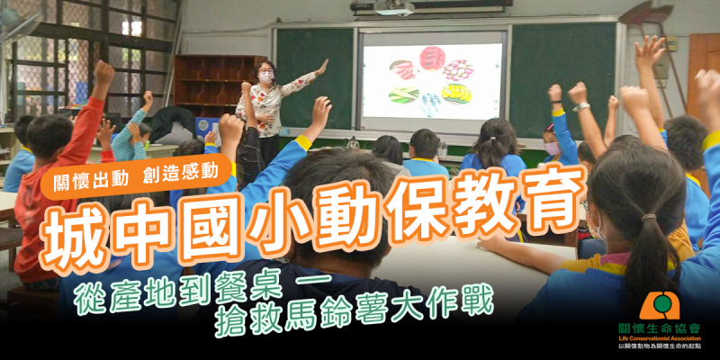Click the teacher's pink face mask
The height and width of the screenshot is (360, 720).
265,76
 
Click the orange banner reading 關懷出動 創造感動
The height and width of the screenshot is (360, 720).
136,176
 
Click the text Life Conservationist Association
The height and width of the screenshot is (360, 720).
660,339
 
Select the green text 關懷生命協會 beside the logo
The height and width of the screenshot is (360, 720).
660,328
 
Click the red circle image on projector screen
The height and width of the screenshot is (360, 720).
432,58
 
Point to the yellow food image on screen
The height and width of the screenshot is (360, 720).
457,94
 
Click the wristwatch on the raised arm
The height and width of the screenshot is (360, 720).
580,106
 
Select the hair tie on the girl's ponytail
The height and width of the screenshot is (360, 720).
649,217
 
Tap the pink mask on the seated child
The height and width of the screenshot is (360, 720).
552,148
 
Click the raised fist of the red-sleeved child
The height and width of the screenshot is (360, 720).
104,73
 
